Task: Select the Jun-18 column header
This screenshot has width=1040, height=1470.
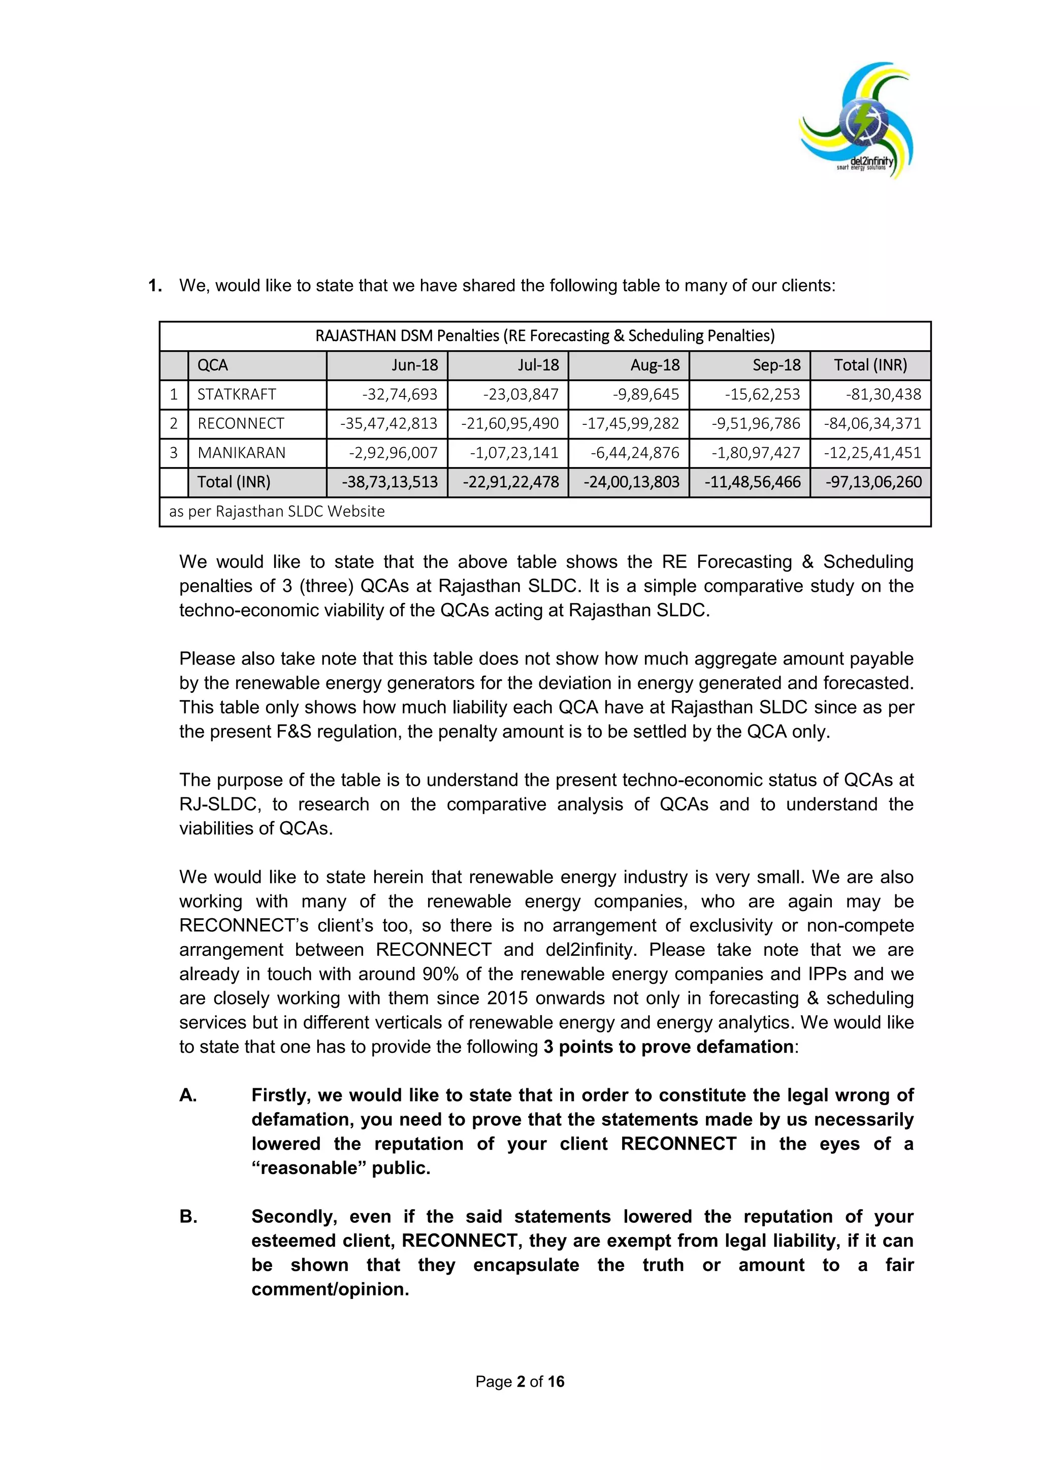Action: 415,365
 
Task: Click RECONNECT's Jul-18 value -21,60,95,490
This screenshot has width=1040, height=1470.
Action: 510,423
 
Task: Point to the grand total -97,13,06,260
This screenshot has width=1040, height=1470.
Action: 873,482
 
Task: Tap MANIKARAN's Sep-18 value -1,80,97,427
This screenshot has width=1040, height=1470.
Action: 756,453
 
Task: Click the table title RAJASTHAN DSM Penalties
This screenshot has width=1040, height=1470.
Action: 544,336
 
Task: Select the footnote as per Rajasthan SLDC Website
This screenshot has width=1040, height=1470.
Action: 277,512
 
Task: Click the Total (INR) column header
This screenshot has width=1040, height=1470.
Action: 870,365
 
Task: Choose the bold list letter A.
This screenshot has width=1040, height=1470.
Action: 187,1095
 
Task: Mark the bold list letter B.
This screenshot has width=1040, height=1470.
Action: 187,1217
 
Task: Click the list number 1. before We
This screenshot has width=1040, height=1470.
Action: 155,286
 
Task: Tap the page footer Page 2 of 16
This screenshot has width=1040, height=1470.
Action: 519,1382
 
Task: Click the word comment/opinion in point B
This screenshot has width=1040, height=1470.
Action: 330,1289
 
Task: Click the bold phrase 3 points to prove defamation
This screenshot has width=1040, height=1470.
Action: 668,1047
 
